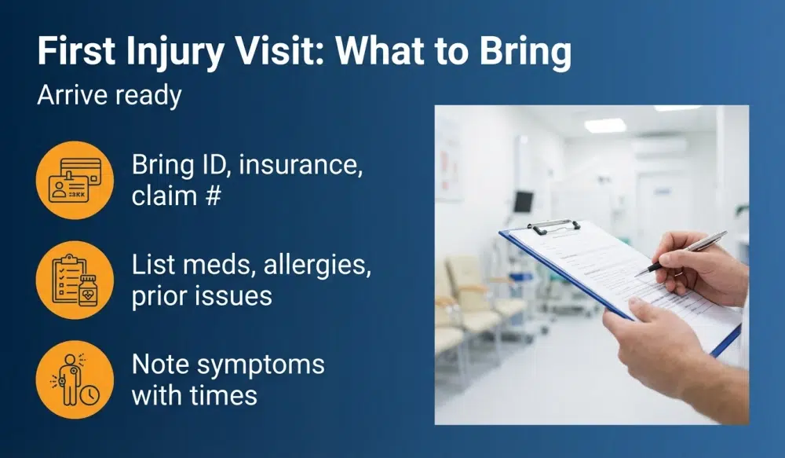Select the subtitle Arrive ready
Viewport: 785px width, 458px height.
[109, 95]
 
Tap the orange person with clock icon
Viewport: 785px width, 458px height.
[75, 379]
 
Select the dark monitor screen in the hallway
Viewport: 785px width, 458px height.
[524, 202]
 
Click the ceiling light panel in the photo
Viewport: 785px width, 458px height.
[605, 126]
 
